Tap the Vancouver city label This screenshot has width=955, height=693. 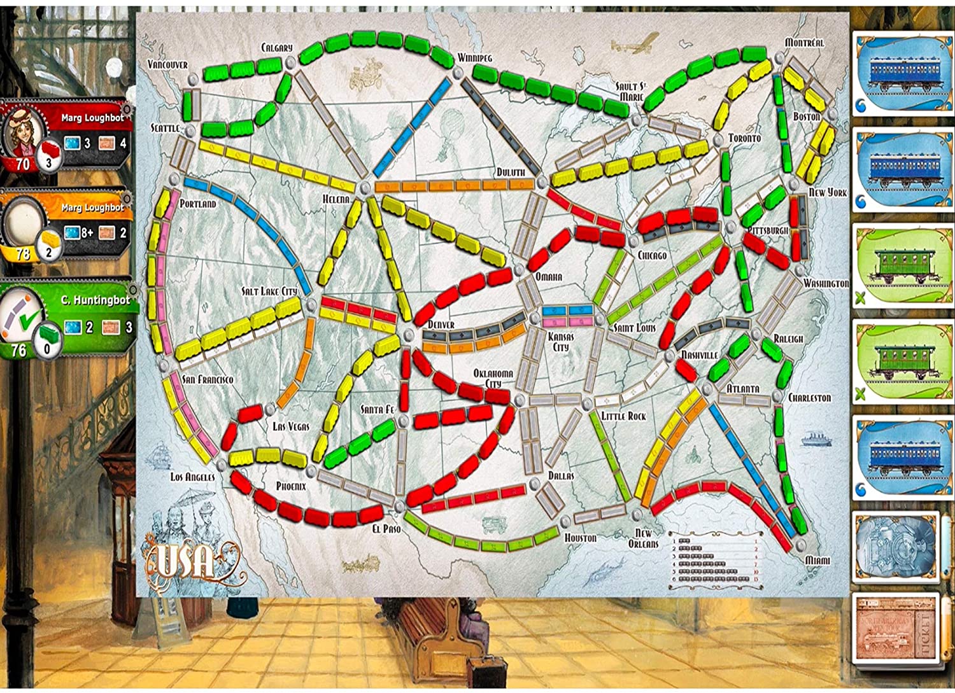tap(167, 64)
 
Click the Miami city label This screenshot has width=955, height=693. tap(817, 560)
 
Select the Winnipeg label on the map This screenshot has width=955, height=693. tap(475, 58)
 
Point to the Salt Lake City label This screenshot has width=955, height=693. tap(269, 291)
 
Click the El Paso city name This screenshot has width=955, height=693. tap(387, 528)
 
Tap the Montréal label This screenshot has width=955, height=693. tap(804, 43)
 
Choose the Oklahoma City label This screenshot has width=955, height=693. tap(493, 378)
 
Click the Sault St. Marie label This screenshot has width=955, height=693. tap(630, 91)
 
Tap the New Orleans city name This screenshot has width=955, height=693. tap(643, 538)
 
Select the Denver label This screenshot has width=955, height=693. tap(441, 325)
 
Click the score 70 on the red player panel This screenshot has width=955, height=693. tap(23, 164)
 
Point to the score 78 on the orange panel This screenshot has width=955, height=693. tap(23, 254)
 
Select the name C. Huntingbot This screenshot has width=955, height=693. tap(95, 300)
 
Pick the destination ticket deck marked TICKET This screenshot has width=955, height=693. tap(895, 627)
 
